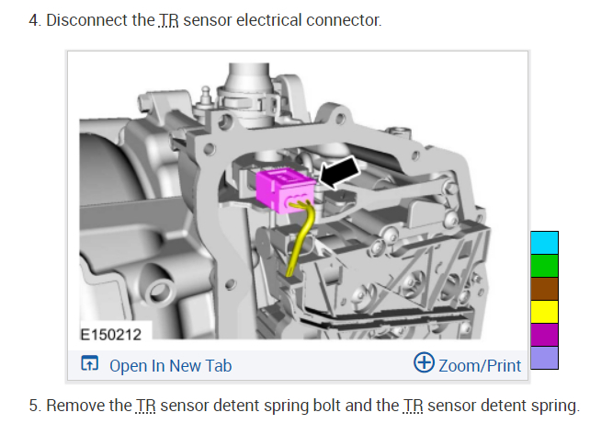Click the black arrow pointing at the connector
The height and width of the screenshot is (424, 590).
[x=340, y=172]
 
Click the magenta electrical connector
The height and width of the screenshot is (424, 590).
[x=285, y=190]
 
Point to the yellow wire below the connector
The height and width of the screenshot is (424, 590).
[x=301, y=238]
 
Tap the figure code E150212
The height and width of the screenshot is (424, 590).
[x=110, y=335]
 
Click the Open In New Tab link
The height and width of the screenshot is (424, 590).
[x=170, y=366]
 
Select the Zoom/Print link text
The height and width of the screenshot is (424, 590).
[x=480, y=366]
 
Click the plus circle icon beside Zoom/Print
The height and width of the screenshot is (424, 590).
[x=424, y=362]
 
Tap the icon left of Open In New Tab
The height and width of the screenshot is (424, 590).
[x=89, y=363]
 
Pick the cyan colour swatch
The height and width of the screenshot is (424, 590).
[x=544, y=243]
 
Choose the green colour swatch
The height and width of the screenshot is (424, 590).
[x=544, y=266]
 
